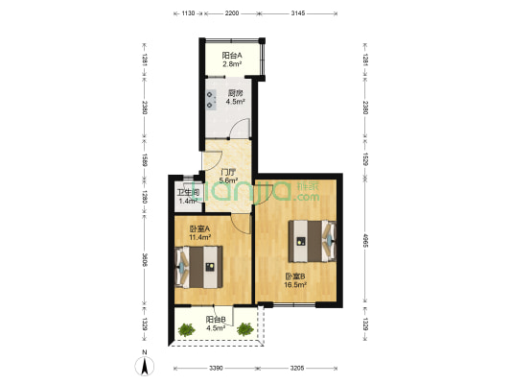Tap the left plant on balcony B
(185, 329)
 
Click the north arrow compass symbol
(145, 363)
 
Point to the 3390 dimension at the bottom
(216, 369)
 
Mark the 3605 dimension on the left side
(145, 260)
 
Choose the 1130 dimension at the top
(189, 14)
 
